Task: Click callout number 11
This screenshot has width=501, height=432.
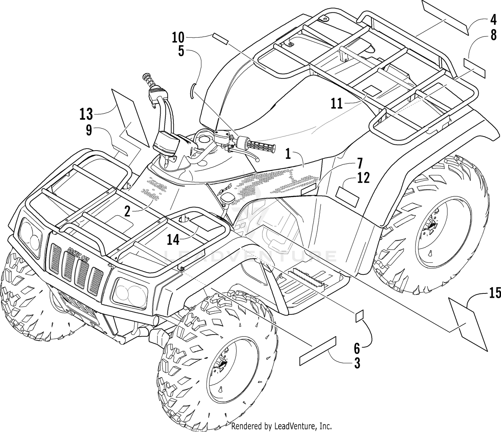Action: coord(337,104)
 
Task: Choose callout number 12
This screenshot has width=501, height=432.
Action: coord(363,178)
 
